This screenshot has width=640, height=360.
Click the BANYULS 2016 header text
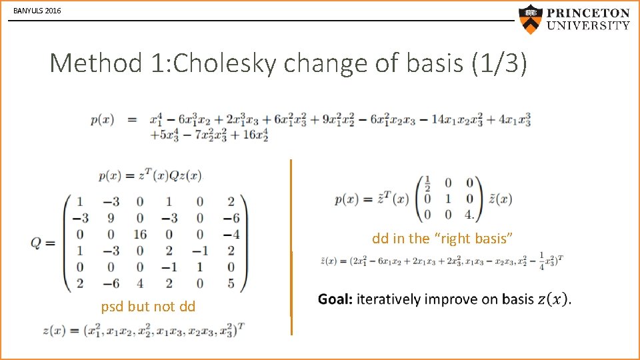[37, 11]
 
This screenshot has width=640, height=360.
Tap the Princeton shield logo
[531, 19]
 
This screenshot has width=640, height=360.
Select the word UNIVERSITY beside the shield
[588, 26]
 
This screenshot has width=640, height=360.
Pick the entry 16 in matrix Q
[139, 234]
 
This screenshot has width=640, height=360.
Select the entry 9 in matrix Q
[110, 217]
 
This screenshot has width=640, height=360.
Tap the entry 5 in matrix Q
[230, 283]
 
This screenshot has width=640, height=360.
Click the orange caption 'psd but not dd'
[148, 307]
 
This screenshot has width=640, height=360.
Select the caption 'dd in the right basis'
[442, 239]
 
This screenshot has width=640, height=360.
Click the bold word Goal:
[335, 299]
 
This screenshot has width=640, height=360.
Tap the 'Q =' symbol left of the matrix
[43, 243]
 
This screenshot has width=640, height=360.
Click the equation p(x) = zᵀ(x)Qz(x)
[149, 176]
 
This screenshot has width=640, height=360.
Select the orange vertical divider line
[291, 247]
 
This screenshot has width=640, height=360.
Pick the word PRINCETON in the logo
[588, 13]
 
